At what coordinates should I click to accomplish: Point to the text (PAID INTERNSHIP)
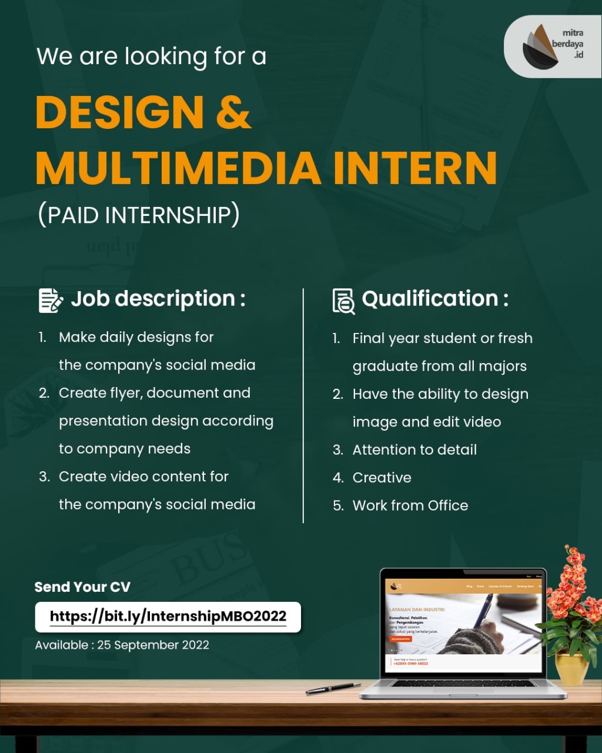(139, 215)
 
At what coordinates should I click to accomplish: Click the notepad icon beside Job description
(51, 300)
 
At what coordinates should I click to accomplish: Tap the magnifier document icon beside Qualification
(343, 301)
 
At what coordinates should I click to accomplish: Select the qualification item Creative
(382, 478)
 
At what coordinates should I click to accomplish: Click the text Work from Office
(410, 505)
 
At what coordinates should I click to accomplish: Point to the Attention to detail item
(414, 450)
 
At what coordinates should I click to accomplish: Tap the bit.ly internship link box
(168, 617)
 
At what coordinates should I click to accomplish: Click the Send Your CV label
(82, 587)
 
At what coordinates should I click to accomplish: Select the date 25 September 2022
(153, 645)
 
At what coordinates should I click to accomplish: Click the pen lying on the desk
(333, 688)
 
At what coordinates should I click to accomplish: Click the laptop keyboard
(463, 684)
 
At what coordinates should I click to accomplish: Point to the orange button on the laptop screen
(401, 638)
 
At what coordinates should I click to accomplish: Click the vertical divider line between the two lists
(303, 406)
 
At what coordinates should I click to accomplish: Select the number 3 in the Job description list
(44, 477)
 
